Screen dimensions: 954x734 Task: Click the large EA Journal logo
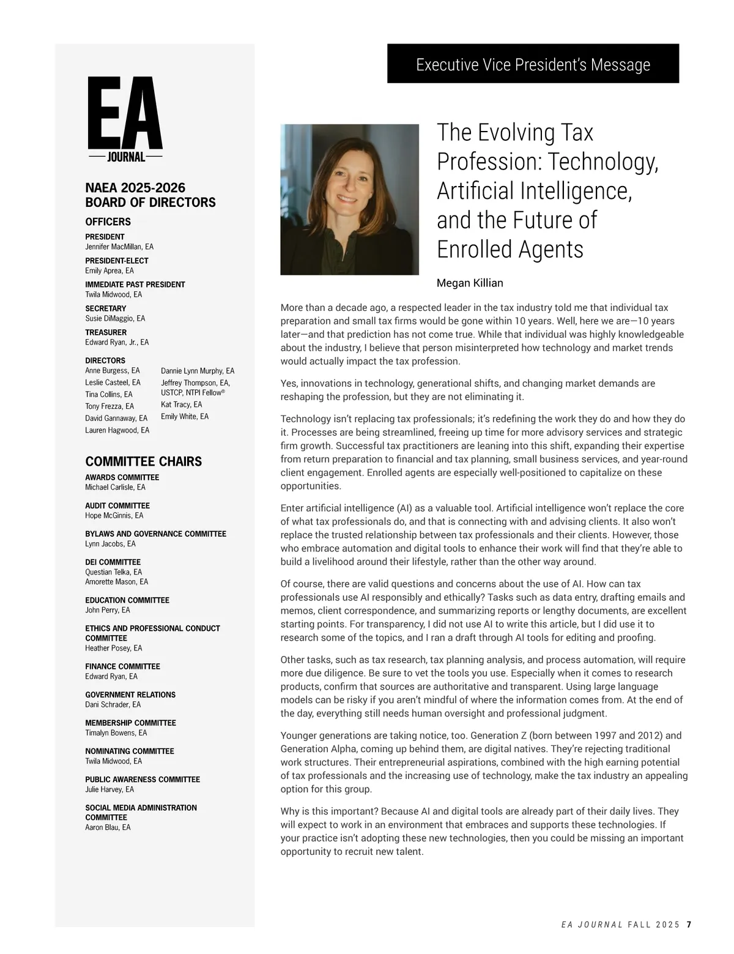[125, 120]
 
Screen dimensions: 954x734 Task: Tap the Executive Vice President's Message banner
[533, 64]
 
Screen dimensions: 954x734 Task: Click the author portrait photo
[349, 199]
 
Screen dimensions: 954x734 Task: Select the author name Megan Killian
[470, 283]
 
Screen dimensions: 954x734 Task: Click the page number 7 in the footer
[689, 925]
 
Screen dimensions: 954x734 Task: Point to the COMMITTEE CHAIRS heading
[143, 461]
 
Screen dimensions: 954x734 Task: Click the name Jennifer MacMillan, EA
[119, 247]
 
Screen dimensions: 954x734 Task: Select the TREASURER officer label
[106, 332]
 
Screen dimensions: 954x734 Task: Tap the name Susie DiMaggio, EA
[115, 318]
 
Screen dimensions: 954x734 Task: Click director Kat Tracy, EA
[181, 404]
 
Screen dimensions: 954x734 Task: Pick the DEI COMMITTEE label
[113, 562]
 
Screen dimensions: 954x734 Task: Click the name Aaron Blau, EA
[108, 827]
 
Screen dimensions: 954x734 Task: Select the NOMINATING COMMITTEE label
[130, 751]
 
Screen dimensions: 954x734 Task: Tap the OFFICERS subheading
[108, 222]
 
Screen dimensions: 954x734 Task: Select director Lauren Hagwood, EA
[117, 430]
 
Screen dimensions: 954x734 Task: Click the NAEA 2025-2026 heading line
[135, 187]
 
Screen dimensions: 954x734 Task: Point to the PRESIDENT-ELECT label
[116, 261]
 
